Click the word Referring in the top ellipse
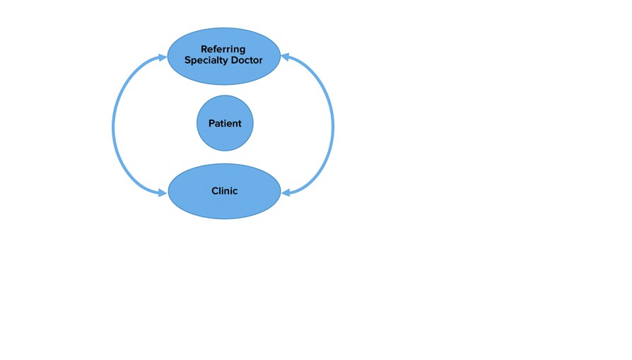pos(223,50)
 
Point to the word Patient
pos(225,123)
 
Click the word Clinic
pos(225,191)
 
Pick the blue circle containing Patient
pos(225,123)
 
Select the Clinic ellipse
pos(224,191)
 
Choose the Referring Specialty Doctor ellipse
pos(223,57)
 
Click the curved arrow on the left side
pos(113,126)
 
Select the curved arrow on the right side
pos(333,126)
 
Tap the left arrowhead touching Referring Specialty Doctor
pos(163,58)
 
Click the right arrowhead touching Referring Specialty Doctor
pos(285,57)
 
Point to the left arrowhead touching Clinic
pos(163,193)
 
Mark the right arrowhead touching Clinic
pos(286,192)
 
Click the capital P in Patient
pos(211,123)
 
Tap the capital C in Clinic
pos(215,191)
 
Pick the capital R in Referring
pos(204,50)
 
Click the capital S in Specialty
pos(188,60)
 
